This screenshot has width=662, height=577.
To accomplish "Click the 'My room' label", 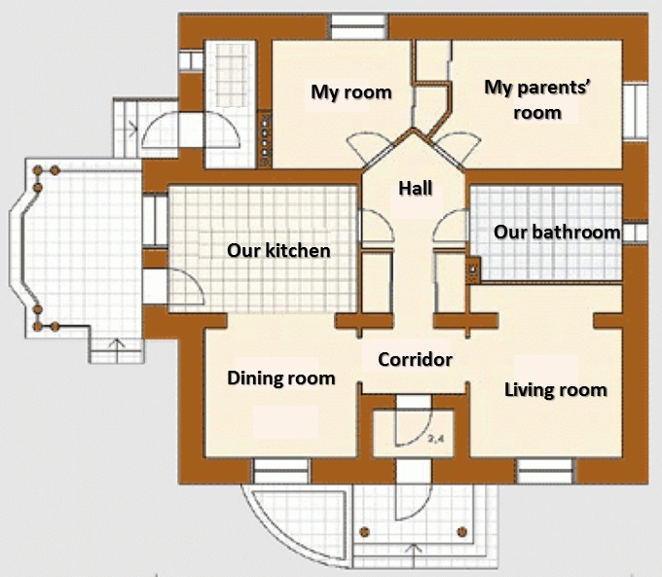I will tap(350, 92).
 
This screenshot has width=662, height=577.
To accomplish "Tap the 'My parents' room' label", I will tap(524, 99).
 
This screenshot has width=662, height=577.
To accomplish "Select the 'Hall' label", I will tap(415, 189).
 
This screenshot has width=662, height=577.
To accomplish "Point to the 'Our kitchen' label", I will tap(278, 250).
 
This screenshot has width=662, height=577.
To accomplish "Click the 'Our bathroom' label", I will tap(556, 232).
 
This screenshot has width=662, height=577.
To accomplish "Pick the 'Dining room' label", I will tap(280, 378).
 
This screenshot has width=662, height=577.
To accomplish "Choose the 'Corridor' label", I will tap(415, 359).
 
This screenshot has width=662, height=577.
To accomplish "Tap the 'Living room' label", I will tap(555, 390).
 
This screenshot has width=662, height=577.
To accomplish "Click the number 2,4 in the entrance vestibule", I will tap(435, 440).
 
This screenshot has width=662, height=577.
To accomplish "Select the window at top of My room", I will tap(356, 26).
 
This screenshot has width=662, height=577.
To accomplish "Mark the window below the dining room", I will tap(280, 472).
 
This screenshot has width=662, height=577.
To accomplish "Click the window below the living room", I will tap(543, 472).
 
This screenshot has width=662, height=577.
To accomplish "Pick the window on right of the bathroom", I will tap(636, 233).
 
